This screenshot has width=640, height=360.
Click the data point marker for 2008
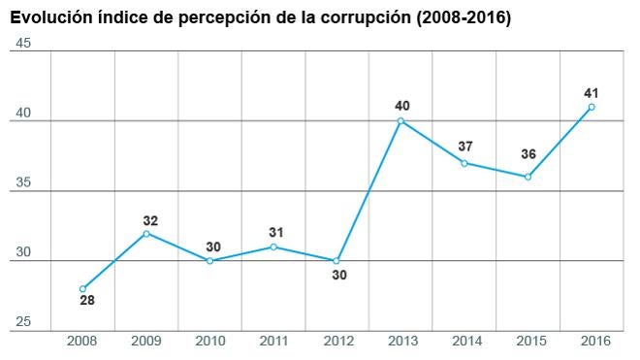tap(82, 288)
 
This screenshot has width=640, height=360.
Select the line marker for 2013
tap(400, 121)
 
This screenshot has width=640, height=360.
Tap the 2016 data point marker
tap(592, 107)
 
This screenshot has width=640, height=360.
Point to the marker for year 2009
tap(146, 233)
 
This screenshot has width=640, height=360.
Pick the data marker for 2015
tap(528, 177)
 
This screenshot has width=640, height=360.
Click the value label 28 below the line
tap(87, 302)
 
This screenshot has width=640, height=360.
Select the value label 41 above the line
tap(591, 92)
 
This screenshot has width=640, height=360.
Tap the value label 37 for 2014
tap(465, 147)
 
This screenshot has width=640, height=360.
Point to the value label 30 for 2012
tap(338, 275)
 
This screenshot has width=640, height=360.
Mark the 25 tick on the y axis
tap(24, 322)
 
